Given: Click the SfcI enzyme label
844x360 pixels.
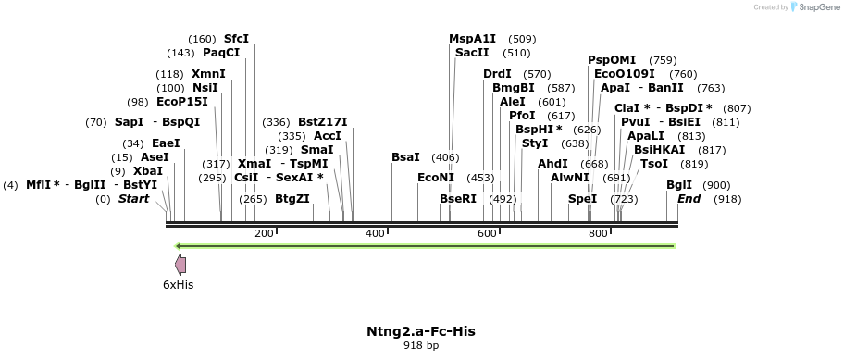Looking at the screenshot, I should pos(236,39).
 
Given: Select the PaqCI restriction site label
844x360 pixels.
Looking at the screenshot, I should pos(221,53).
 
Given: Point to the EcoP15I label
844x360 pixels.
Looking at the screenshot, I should pos(182,102).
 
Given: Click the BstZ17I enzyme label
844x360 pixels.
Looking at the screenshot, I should pos(322,122).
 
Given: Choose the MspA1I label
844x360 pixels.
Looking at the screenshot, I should pos(472,39).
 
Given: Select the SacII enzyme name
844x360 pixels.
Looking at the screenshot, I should pos(472,53).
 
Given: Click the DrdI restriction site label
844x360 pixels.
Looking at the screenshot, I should pos(497,74).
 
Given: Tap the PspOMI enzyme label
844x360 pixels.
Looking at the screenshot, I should pos(612,60).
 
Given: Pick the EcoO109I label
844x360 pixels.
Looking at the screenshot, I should pos(624,74).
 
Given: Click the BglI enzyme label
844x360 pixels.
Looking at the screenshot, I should pos(679,185).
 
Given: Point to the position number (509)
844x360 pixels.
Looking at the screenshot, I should pos(522,39).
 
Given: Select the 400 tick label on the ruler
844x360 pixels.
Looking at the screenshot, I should pos(375,233).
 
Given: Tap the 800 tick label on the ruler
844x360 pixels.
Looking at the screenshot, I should pos(598,233).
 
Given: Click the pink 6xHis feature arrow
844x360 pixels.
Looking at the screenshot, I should pos(180,265).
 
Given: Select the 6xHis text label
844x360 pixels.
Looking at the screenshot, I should pos(179,285).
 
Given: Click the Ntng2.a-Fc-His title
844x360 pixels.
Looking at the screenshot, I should pos(421,330).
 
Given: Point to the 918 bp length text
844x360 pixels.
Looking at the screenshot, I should pos(421,345).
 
